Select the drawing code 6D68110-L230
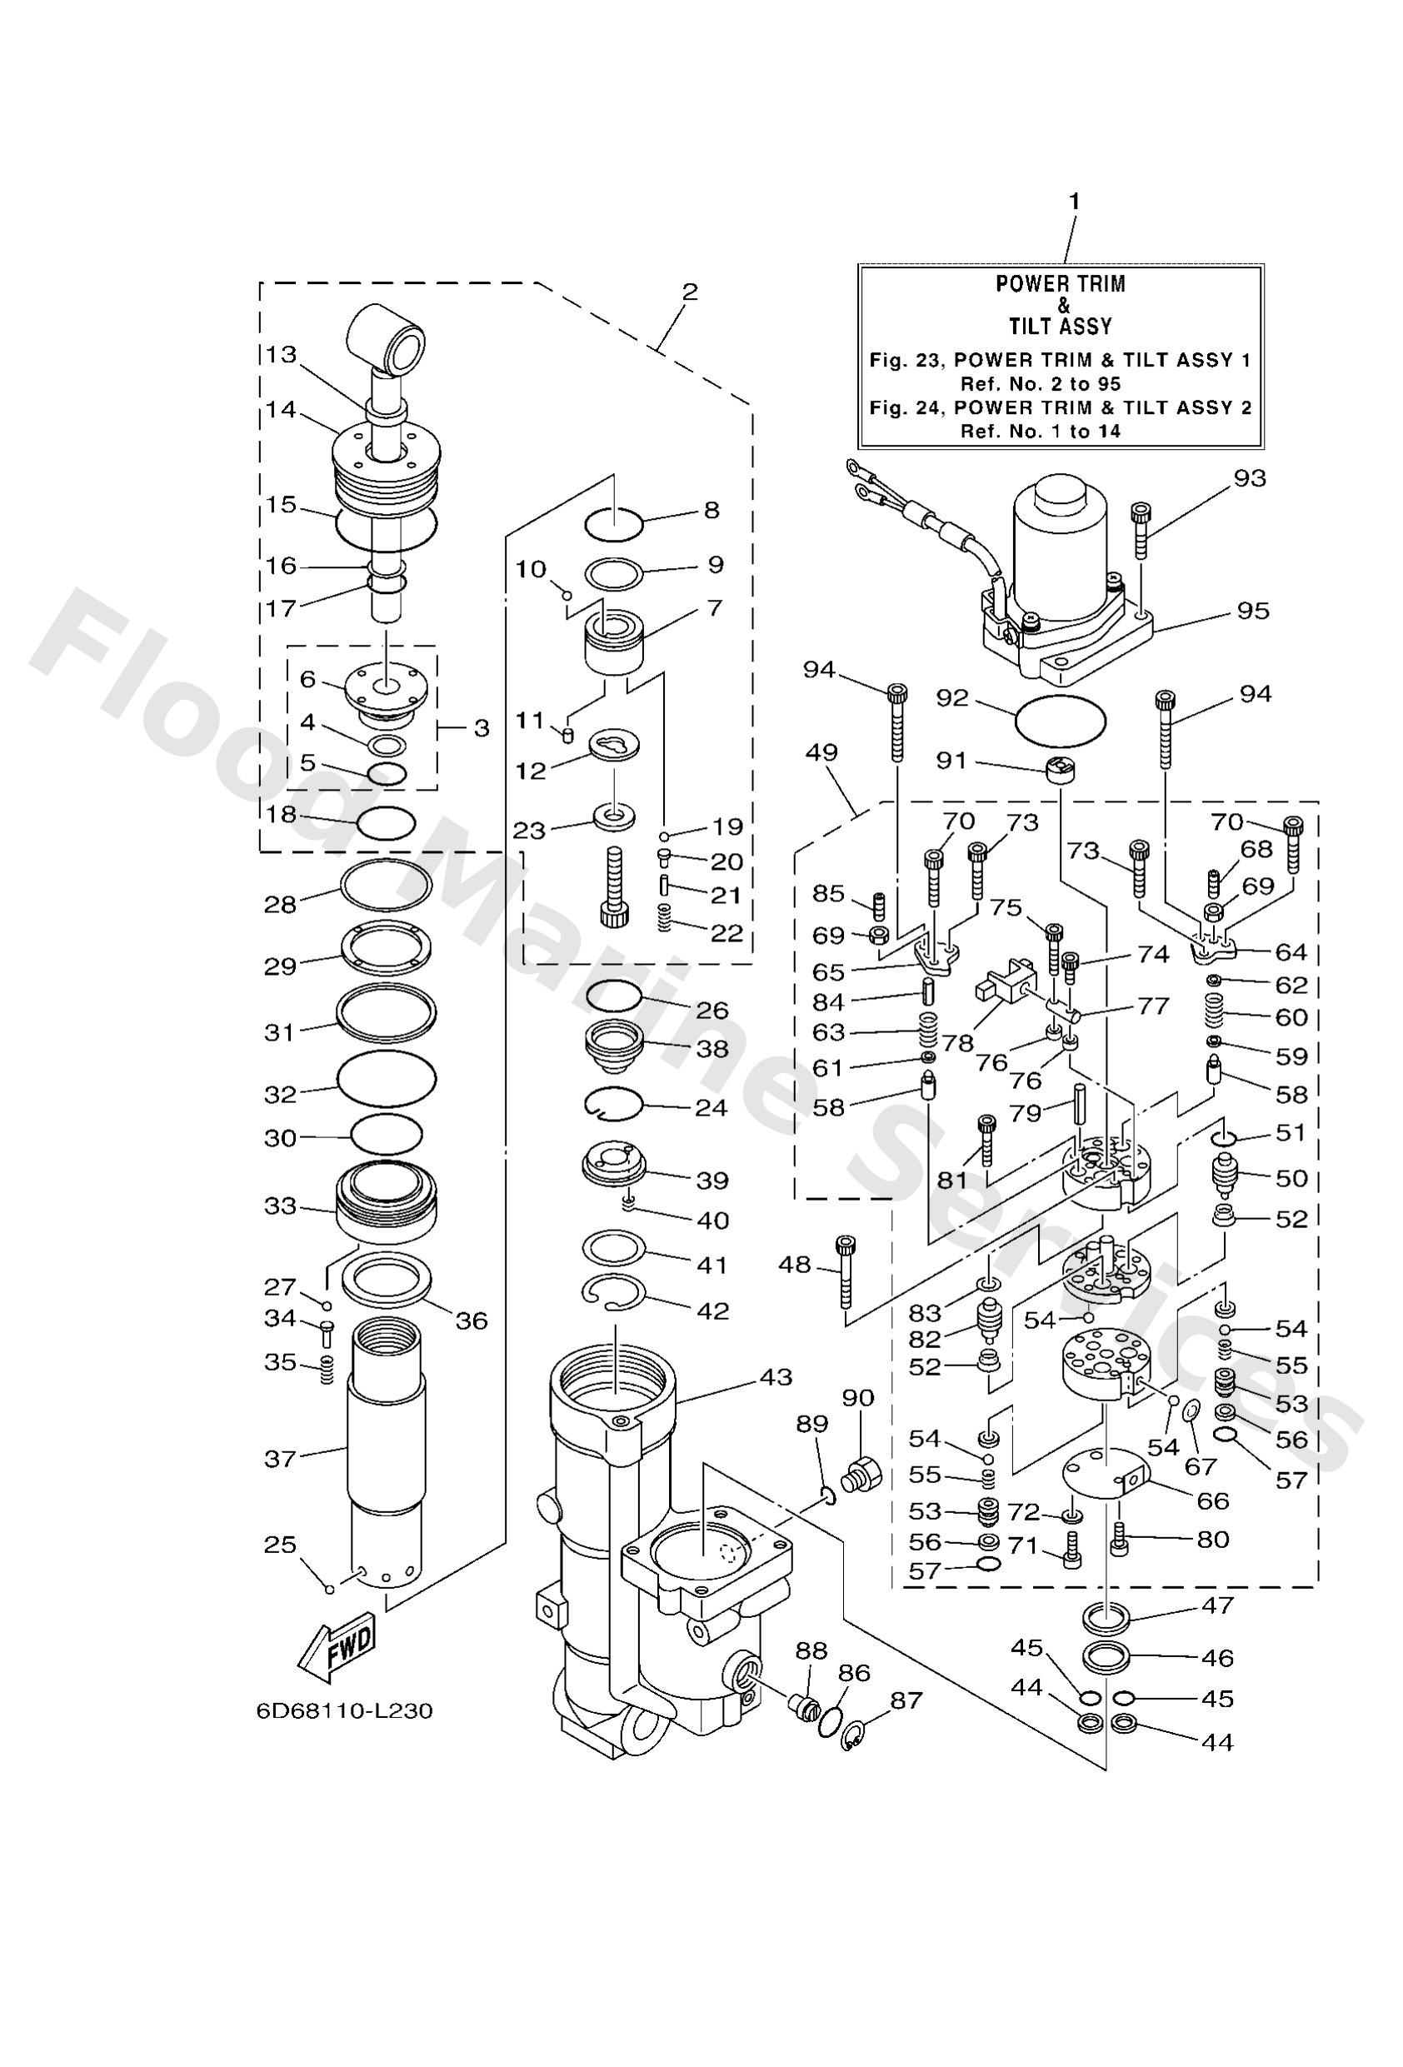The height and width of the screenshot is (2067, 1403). [343, 1710]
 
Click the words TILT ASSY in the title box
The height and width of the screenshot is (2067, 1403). [1060, 327]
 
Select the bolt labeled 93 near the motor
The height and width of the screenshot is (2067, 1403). [1141, 530]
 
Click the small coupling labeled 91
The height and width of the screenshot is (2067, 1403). [1060, 768]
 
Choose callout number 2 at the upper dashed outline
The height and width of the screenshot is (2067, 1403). [690, 292]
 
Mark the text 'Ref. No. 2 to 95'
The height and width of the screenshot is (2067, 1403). [1040, 384]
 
